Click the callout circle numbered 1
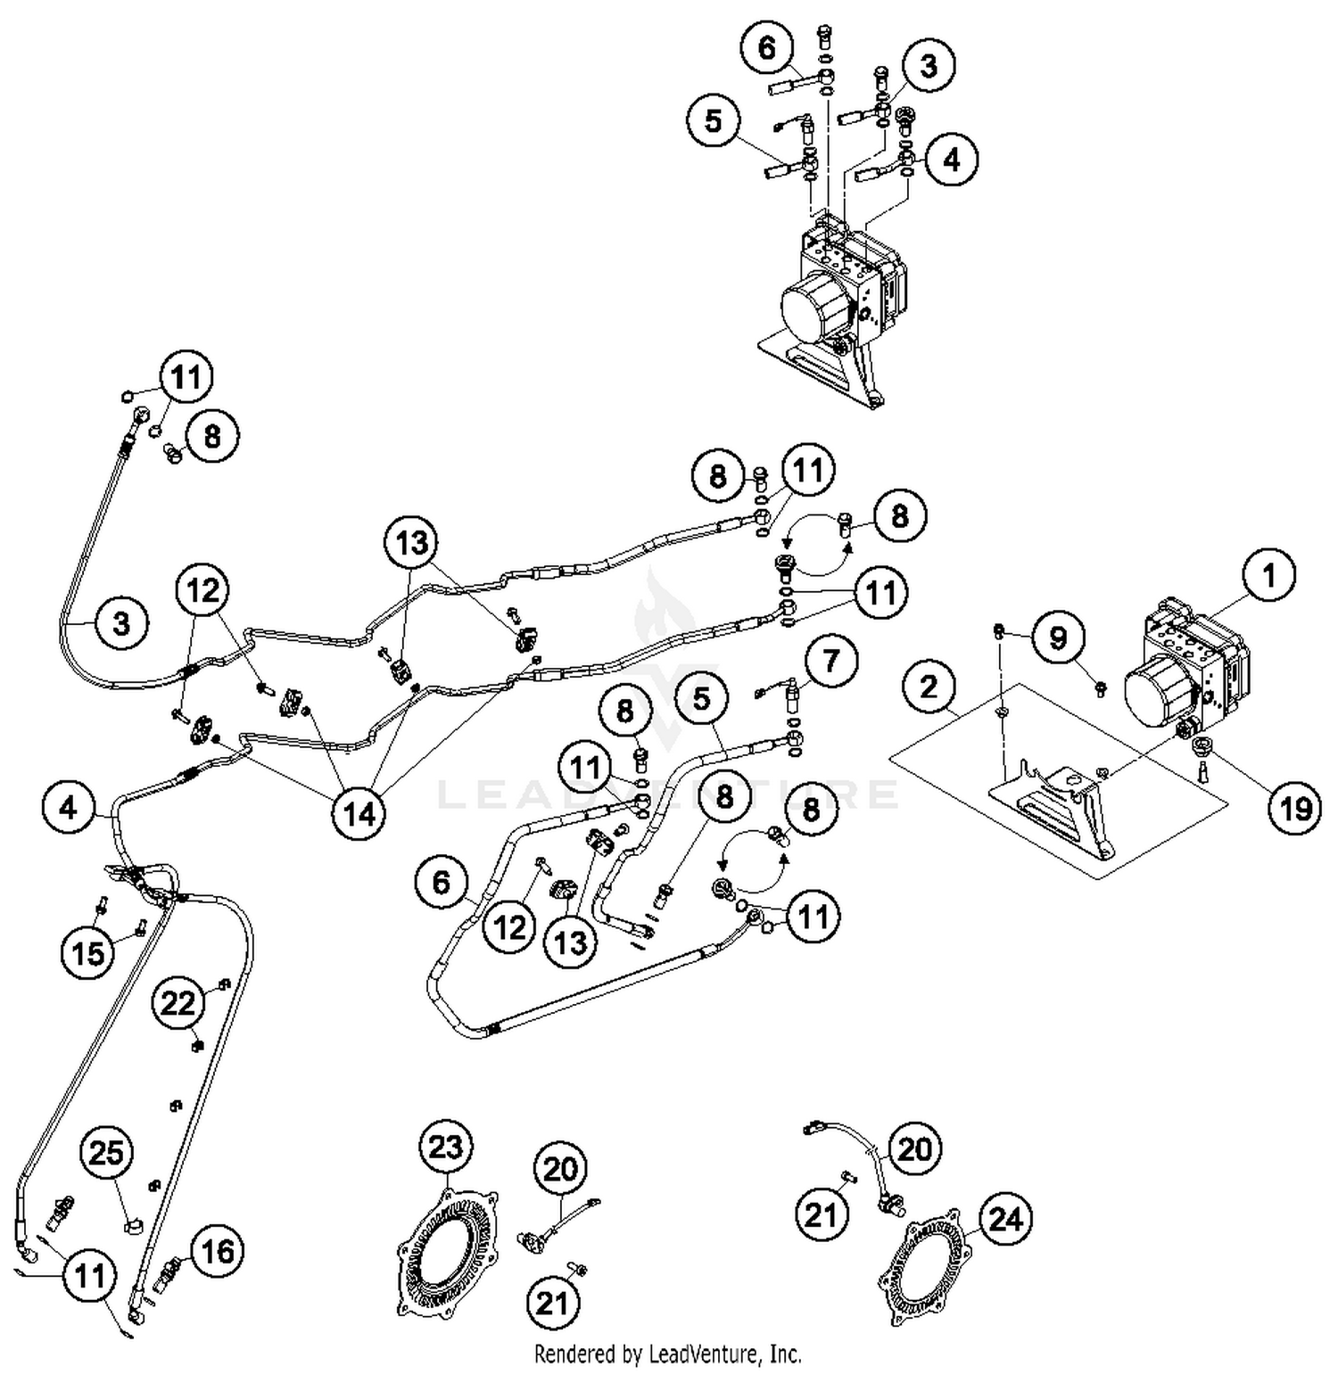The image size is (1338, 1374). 1268,575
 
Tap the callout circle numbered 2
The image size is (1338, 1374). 929,687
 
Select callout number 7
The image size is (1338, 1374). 830,661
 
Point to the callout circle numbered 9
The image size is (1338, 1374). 1057,638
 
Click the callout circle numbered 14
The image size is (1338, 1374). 359,812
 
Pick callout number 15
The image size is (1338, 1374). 87,953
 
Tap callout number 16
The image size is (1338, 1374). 217,1252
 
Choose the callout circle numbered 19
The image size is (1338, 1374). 1295,808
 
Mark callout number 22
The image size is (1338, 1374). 178,1004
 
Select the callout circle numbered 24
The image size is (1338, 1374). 1005,1218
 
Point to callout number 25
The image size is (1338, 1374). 107,1153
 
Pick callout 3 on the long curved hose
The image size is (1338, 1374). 120,622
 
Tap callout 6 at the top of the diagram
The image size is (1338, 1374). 767,46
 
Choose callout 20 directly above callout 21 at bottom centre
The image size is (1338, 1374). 560,1168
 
